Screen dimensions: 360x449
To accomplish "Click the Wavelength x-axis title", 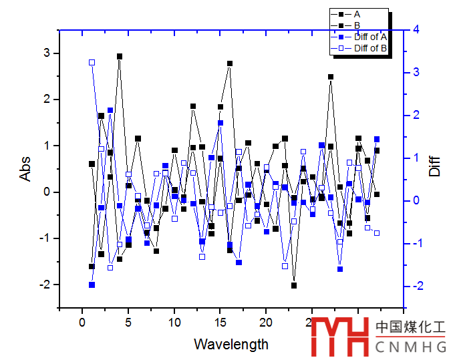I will [x=231, y=345].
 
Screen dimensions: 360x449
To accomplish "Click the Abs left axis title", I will [x=25, y=169].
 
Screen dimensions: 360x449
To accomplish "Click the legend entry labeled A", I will [x=357, y=14].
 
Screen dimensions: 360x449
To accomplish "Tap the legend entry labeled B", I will [x=357, y=25].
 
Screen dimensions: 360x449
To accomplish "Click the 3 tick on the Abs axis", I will [x=46, y=53].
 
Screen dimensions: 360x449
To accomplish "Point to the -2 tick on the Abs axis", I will [x=44, y=285].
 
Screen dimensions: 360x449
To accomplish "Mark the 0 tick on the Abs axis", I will [x=46, y=192].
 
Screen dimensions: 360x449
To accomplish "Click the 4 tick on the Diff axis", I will [x=416, y=29].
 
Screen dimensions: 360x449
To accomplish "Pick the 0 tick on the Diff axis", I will [x=416, y=200].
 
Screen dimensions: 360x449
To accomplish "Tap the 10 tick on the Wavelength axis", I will [x=174, y=323].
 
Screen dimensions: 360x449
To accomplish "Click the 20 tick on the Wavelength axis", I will [x=266, y=323].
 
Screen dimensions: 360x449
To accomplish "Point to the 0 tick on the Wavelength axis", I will [x=83, y=323].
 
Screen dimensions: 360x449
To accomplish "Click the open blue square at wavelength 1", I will [x=92, y=62].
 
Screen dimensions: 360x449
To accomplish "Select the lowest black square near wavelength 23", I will [x=294, y=286].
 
